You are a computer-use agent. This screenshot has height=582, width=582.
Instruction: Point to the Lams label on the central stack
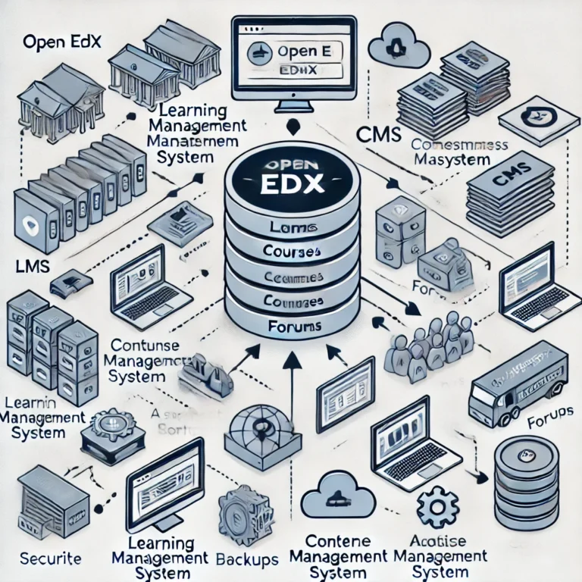[x=290, y=227]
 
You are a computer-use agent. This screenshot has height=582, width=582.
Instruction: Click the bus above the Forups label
[x=517, y=383]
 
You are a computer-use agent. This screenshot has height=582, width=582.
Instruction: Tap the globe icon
[x=258, y=431]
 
